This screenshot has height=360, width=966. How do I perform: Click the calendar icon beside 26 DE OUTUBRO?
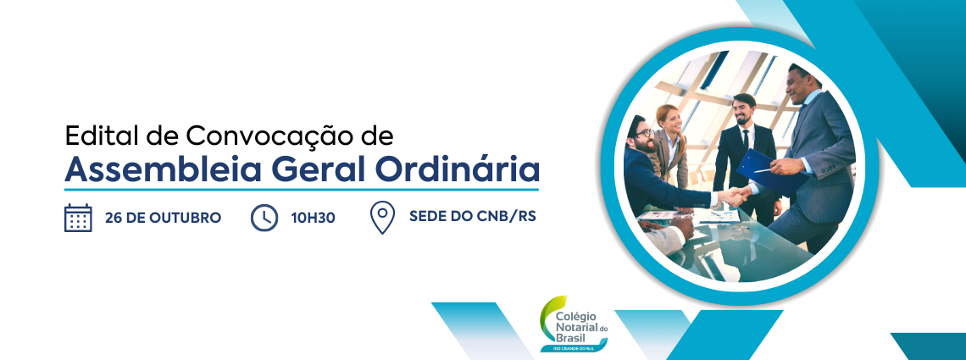click(78, 218)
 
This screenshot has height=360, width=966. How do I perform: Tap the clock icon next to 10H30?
click(264, 218)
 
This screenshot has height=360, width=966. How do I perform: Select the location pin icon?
click(382, 219)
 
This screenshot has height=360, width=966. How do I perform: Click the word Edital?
click(98, 136)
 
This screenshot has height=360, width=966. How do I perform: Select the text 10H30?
click(313, 218)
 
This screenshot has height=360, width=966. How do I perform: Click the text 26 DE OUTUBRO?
click(164, 218)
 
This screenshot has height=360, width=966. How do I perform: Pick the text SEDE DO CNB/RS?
click(473, 217)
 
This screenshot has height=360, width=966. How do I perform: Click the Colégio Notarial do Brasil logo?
click(574, 324)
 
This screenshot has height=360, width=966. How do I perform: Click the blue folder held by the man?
click(769, 170)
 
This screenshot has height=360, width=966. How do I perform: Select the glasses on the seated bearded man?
click(644, 132)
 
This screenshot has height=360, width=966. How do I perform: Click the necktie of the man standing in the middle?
click(746, 141)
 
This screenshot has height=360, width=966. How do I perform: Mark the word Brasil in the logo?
click(570, 337)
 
